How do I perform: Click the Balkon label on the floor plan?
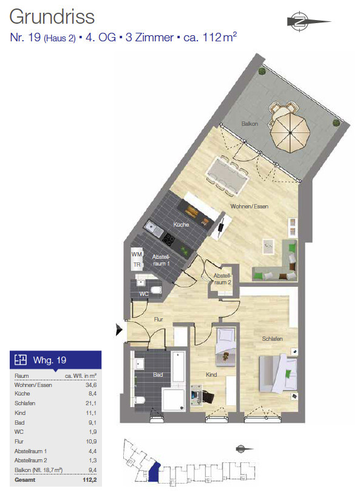250,124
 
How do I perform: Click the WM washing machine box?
137,254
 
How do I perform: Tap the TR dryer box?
137,265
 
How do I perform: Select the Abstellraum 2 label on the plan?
222,279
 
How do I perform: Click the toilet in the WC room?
156,290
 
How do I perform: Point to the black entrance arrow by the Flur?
119,330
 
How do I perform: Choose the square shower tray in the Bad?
174,400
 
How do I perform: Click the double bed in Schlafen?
278,373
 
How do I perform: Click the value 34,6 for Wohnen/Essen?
91,385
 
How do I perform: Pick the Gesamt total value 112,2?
89,479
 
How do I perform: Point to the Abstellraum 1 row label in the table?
30,451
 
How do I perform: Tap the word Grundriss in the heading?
52,17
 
